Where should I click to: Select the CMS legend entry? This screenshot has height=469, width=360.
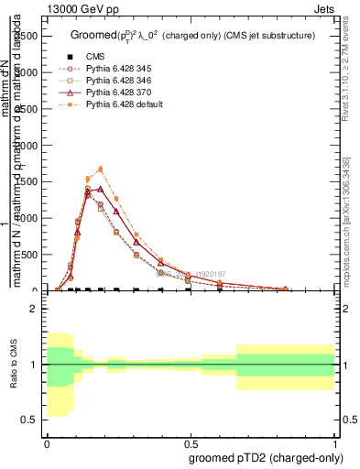pos(94,57)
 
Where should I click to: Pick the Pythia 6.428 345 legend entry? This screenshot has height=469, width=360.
pos(116,69)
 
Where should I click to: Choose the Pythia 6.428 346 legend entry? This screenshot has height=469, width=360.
pos(116,81)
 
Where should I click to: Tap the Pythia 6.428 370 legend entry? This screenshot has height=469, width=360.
pos(116,93)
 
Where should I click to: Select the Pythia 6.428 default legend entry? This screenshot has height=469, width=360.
pos(124,104)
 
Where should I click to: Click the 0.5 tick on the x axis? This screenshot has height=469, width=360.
pos(191,443)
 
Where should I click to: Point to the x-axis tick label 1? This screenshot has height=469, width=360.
pos(335,443)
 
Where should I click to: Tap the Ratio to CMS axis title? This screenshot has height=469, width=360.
pos(13,365)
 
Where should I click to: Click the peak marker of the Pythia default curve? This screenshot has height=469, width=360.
pos(100,169)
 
